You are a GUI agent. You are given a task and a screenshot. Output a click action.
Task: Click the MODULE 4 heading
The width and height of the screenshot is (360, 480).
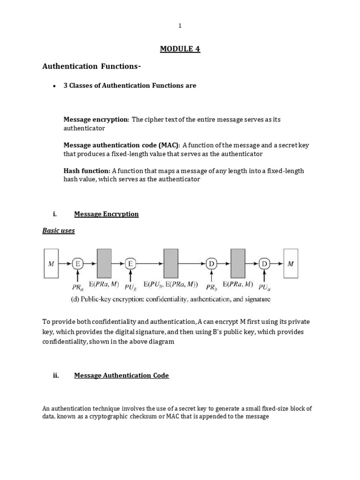(180, 49)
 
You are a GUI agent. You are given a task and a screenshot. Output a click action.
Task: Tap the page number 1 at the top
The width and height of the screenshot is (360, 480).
(180, 26)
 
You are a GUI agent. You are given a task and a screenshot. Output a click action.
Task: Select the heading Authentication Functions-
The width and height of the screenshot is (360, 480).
(91, 67)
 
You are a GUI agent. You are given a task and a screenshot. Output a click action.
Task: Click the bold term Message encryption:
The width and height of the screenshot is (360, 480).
(96, 120)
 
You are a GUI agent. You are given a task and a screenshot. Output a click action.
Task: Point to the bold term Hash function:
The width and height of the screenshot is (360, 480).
(87, 171)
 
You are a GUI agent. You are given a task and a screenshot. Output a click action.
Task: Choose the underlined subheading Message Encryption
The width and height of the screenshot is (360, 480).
(106, 214)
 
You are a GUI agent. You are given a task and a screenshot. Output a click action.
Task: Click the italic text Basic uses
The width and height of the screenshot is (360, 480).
(59, 231)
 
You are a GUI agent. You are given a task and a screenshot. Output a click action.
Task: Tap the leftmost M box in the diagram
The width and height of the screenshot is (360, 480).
(51, 263)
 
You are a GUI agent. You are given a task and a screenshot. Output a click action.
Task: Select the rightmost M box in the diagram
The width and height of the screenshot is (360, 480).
(291, 263)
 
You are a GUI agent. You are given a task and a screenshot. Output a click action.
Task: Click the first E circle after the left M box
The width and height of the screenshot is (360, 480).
(77, 264)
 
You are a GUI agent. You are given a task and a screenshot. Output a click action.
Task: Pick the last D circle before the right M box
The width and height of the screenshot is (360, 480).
(264, 264)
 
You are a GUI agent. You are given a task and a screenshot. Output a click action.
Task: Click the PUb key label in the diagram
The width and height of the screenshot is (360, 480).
(131, 285)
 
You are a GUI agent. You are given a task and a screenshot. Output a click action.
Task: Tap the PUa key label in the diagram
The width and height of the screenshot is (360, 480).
(265, 285)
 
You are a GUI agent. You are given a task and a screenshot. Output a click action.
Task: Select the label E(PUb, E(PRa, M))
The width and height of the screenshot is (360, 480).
(171, 284)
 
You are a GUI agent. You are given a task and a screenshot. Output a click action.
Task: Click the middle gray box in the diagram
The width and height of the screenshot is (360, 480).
(171, 263)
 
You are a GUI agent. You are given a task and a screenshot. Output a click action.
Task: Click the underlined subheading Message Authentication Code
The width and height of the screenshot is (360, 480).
(121, 375)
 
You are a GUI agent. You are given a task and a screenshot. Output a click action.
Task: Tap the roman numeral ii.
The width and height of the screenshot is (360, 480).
(56, 375)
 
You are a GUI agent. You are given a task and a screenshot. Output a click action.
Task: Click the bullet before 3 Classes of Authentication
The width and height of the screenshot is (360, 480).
(54, 86)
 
